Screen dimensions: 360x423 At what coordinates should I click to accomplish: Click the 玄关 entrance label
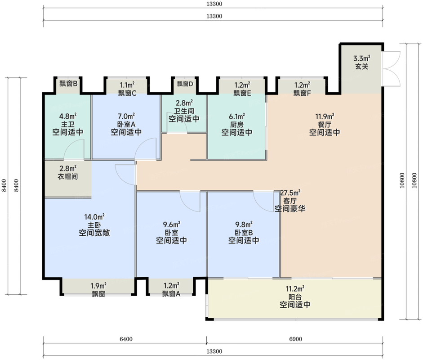tap(362, 67)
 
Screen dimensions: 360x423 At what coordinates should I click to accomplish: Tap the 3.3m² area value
tap(362, 58)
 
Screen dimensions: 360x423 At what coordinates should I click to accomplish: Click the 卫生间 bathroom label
tap(184, 111)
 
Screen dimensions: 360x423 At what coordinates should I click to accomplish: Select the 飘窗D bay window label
tap(184, 84)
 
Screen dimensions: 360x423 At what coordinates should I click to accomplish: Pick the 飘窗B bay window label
tap(68, 84)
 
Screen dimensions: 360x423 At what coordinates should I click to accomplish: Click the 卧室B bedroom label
tap(243, 232)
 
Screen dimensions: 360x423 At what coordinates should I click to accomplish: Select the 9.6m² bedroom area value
tap(171, 224)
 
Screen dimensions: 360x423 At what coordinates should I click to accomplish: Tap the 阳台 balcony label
tap(295, 296)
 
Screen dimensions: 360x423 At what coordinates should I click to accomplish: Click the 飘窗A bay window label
tap(171, 294)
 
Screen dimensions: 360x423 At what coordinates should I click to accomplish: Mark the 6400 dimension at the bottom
tap(125, 338)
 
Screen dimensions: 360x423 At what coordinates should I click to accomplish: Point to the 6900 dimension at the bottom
tap(295, 338)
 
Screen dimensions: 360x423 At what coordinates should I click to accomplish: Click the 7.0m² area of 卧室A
tap(126, 116)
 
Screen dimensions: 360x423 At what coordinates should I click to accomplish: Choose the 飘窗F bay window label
tap(302, 93)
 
